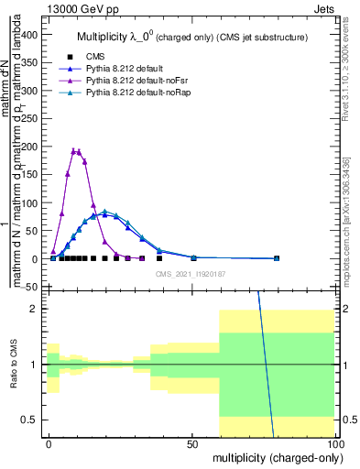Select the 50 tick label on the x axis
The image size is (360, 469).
coord(192,443)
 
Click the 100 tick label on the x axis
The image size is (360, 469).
coord(334,443)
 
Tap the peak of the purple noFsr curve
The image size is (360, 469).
coord(77,151)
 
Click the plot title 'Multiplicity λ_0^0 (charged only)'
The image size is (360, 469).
coord(191,37)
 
